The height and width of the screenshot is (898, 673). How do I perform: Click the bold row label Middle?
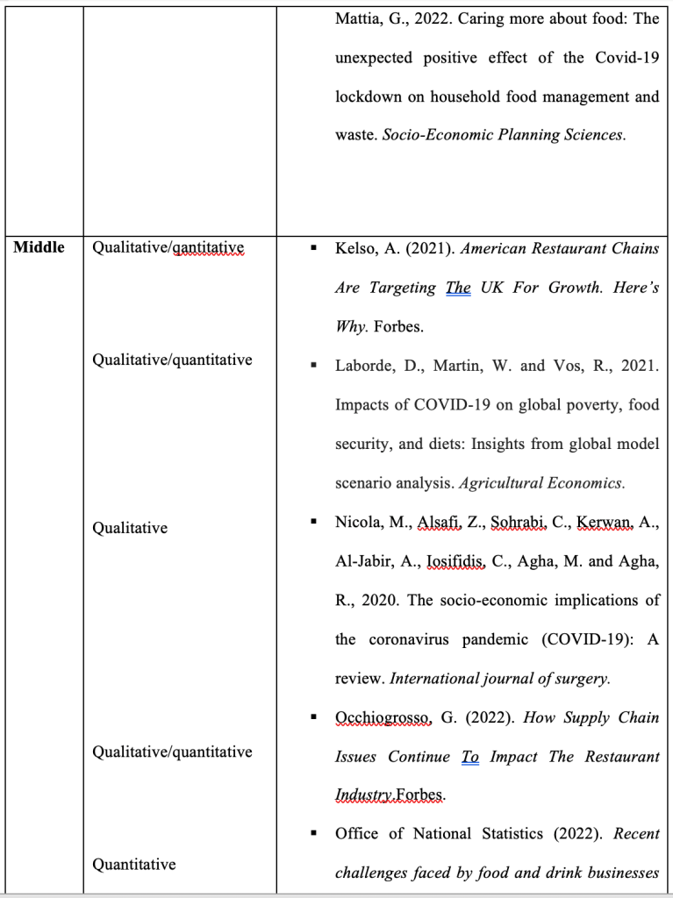pyautogui.click(x=39, y=247)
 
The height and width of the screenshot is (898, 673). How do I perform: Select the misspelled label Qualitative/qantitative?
pyautogui.click(x=168, y=248)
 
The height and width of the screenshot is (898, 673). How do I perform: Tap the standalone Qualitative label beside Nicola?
pyautogui.click(x=130, y=528)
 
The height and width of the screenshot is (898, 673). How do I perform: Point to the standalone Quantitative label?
pyautogui.click(x=134, y=865)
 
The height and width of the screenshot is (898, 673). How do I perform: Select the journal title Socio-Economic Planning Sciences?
pyautogui.click(x=504, y=136)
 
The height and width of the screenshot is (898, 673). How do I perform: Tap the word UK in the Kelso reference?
pyautogui.click(x=492, y=288)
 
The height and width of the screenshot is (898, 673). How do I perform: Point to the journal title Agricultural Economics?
pyautogui.click(x=542, y=483)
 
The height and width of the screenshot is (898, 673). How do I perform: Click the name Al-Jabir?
pyautogui.click(x=362, y=561)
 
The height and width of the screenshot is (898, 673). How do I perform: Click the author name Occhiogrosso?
pyautogui.click(x=383, y=717)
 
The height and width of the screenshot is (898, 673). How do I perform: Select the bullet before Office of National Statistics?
pyautogui.click(x=313, y=833)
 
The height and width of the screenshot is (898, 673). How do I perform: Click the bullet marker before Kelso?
pyautogui.click(x=313, y=248)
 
